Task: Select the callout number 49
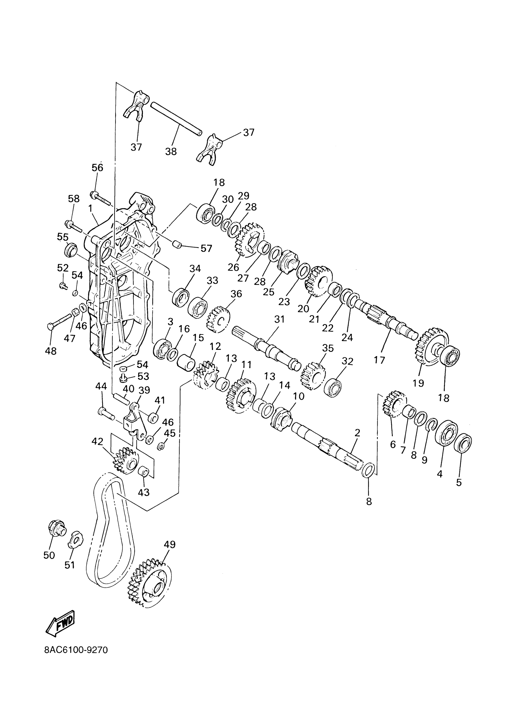(x=170, y=553)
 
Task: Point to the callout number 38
(x=171, y=152)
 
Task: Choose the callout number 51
(x=70, y=565)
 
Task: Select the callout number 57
(x=207, y=248)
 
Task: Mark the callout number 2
(x=357, y=433)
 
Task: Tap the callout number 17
(x=379, y=360)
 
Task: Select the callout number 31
(x=279, y=319)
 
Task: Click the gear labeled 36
(x=218, y=319)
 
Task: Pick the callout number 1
(x=90, y=208)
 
